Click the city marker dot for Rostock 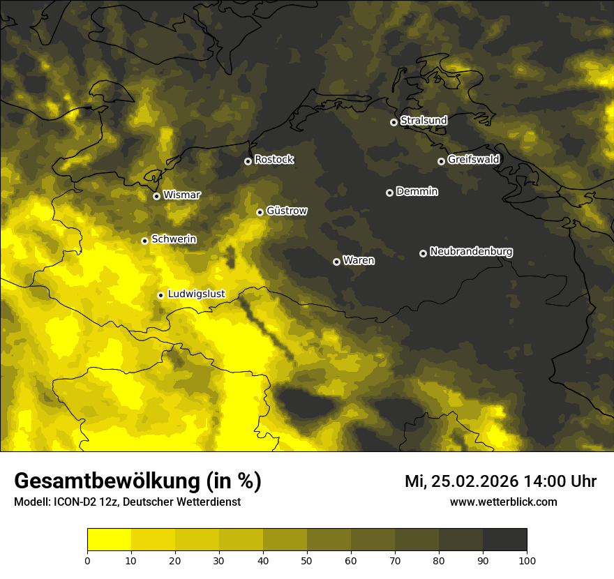(x=248, y=161)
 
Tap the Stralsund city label (x=424, y=121)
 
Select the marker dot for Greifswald (x=441, y=161)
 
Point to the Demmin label (x=417, y=191)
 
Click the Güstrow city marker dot (x=260, y=212)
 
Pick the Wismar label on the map (x=181, y=195)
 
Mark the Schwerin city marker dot (x=144, y=241)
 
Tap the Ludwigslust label (x=196, y=294)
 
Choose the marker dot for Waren (x=336, y=262)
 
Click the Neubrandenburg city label (x=471, y=251)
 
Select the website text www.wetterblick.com (x=503, y=502)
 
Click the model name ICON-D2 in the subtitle (x=77, y=502)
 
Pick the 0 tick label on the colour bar (x=87, y=560)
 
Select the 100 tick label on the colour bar (x=527, y=560)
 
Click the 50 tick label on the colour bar (x=307, y=560)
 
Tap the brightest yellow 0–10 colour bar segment (x=110, y=540)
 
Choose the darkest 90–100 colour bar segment (x=504, y=540)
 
